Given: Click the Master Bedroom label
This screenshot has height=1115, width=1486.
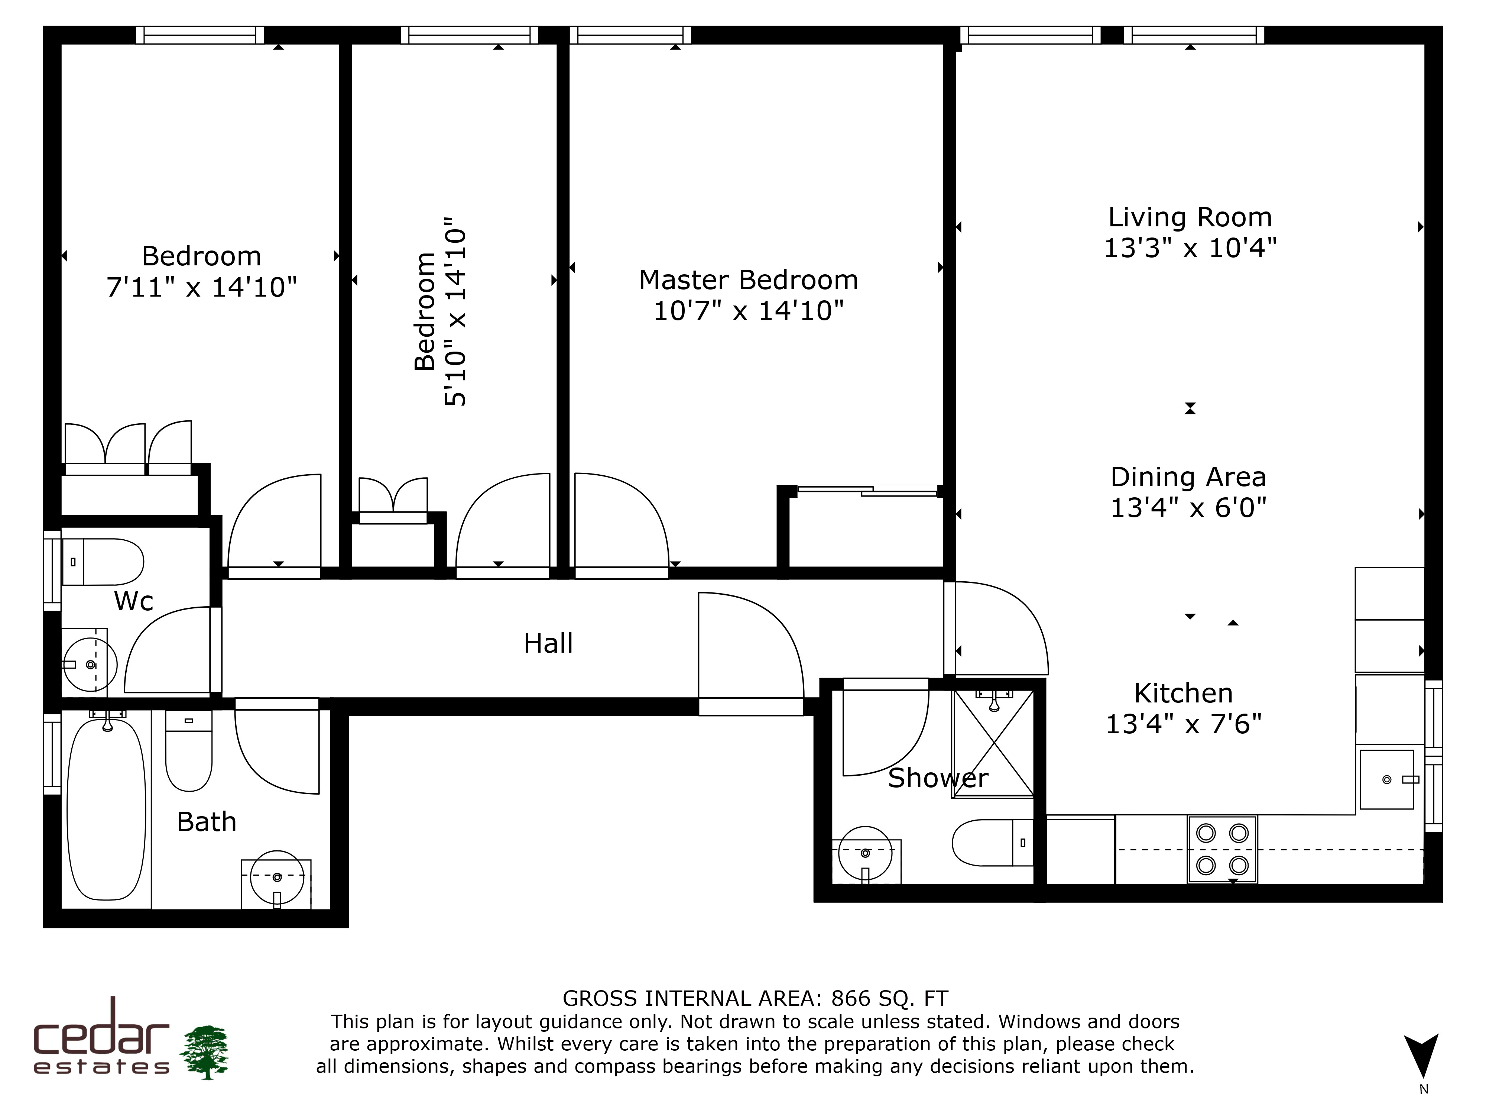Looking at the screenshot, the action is (748, 280).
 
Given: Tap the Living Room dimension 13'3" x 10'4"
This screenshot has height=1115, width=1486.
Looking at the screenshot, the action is (1190, 248).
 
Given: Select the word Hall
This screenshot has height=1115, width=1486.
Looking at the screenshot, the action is (548, 643).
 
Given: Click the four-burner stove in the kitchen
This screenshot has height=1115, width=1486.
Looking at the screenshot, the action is (1222, 849).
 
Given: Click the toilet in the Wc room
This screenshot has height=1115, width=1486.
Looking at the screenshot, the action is (103, 561).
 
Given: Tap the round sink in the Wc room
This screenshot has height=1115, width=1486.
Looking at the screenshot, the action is (90, 665).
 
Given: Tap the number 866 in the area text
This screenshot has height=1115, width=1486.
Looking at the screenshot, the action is (851, 998).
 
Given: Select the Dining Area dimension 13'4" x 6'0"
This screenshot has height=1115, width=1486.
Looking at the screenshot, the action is (1188, 507).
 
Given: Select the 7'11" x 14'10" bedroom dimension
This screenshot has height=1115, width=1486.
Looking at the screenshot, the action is (201, 288).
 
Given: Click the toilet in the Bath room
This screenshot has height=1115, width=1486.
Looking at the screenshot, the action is (189, 751).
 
